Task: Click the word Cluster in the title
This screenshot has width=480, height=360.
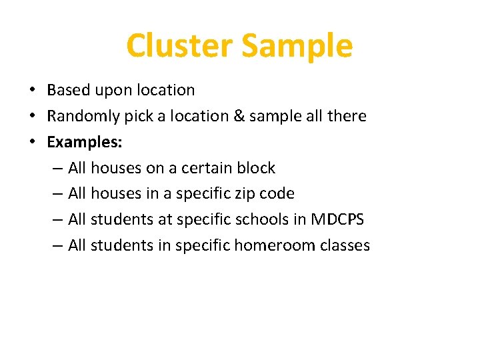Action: pyautogui.click(x=179, y=46)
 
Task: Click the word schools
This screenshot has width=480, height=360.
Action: pyautogui.click(x=262, y=219)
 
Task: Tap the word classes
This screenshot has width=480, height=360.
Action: pyautogui.click(x=345, y=245)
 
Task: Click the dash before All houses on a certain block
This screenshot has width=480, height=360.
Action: pyautogui.click(x=57, y=169)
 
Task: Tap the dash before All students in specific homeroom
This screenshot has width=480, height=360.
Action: pyautogui.click(x=57, y=246)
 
